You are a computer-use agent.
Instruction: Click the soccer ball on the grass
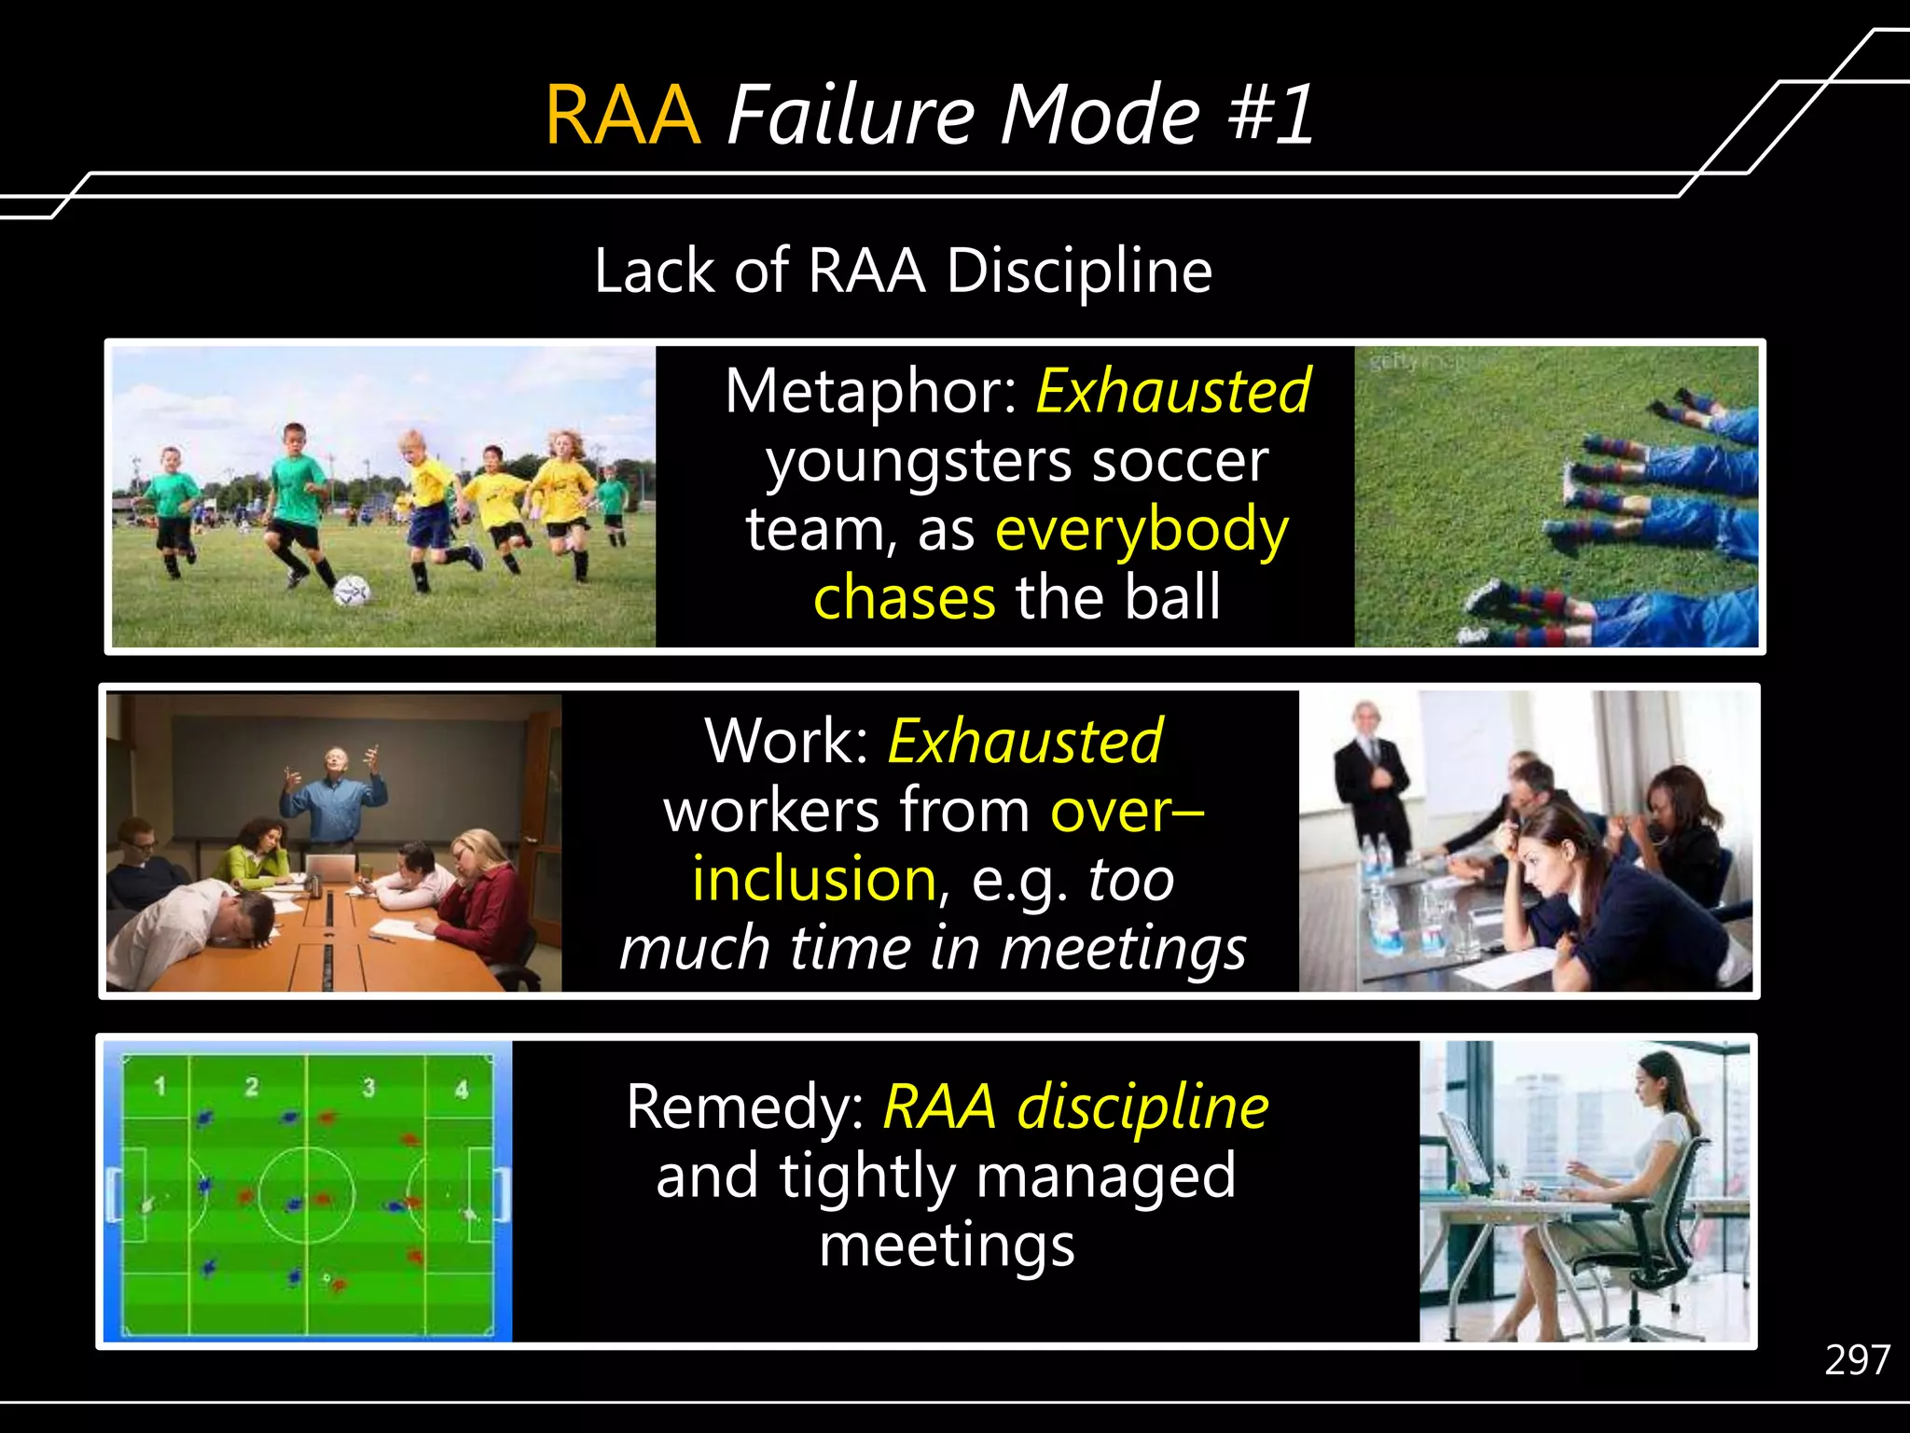click(353, 590)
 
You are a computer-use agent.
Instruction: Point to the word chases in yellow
click(904, 597)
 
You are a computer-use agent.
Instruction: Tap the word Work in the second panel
click(784, 741)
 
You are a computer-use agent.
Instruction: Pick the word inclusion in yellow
click(814, 879)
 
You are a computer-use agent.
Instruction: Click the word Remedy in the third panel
click(744, 1107)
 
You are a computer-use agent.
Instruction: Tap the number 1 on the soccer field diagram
click(160, 1086)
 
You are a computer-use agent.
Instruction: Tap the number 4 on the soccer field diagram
click(461, 1088)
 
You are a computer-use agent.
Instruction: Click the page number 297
click(1857, 1361)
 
